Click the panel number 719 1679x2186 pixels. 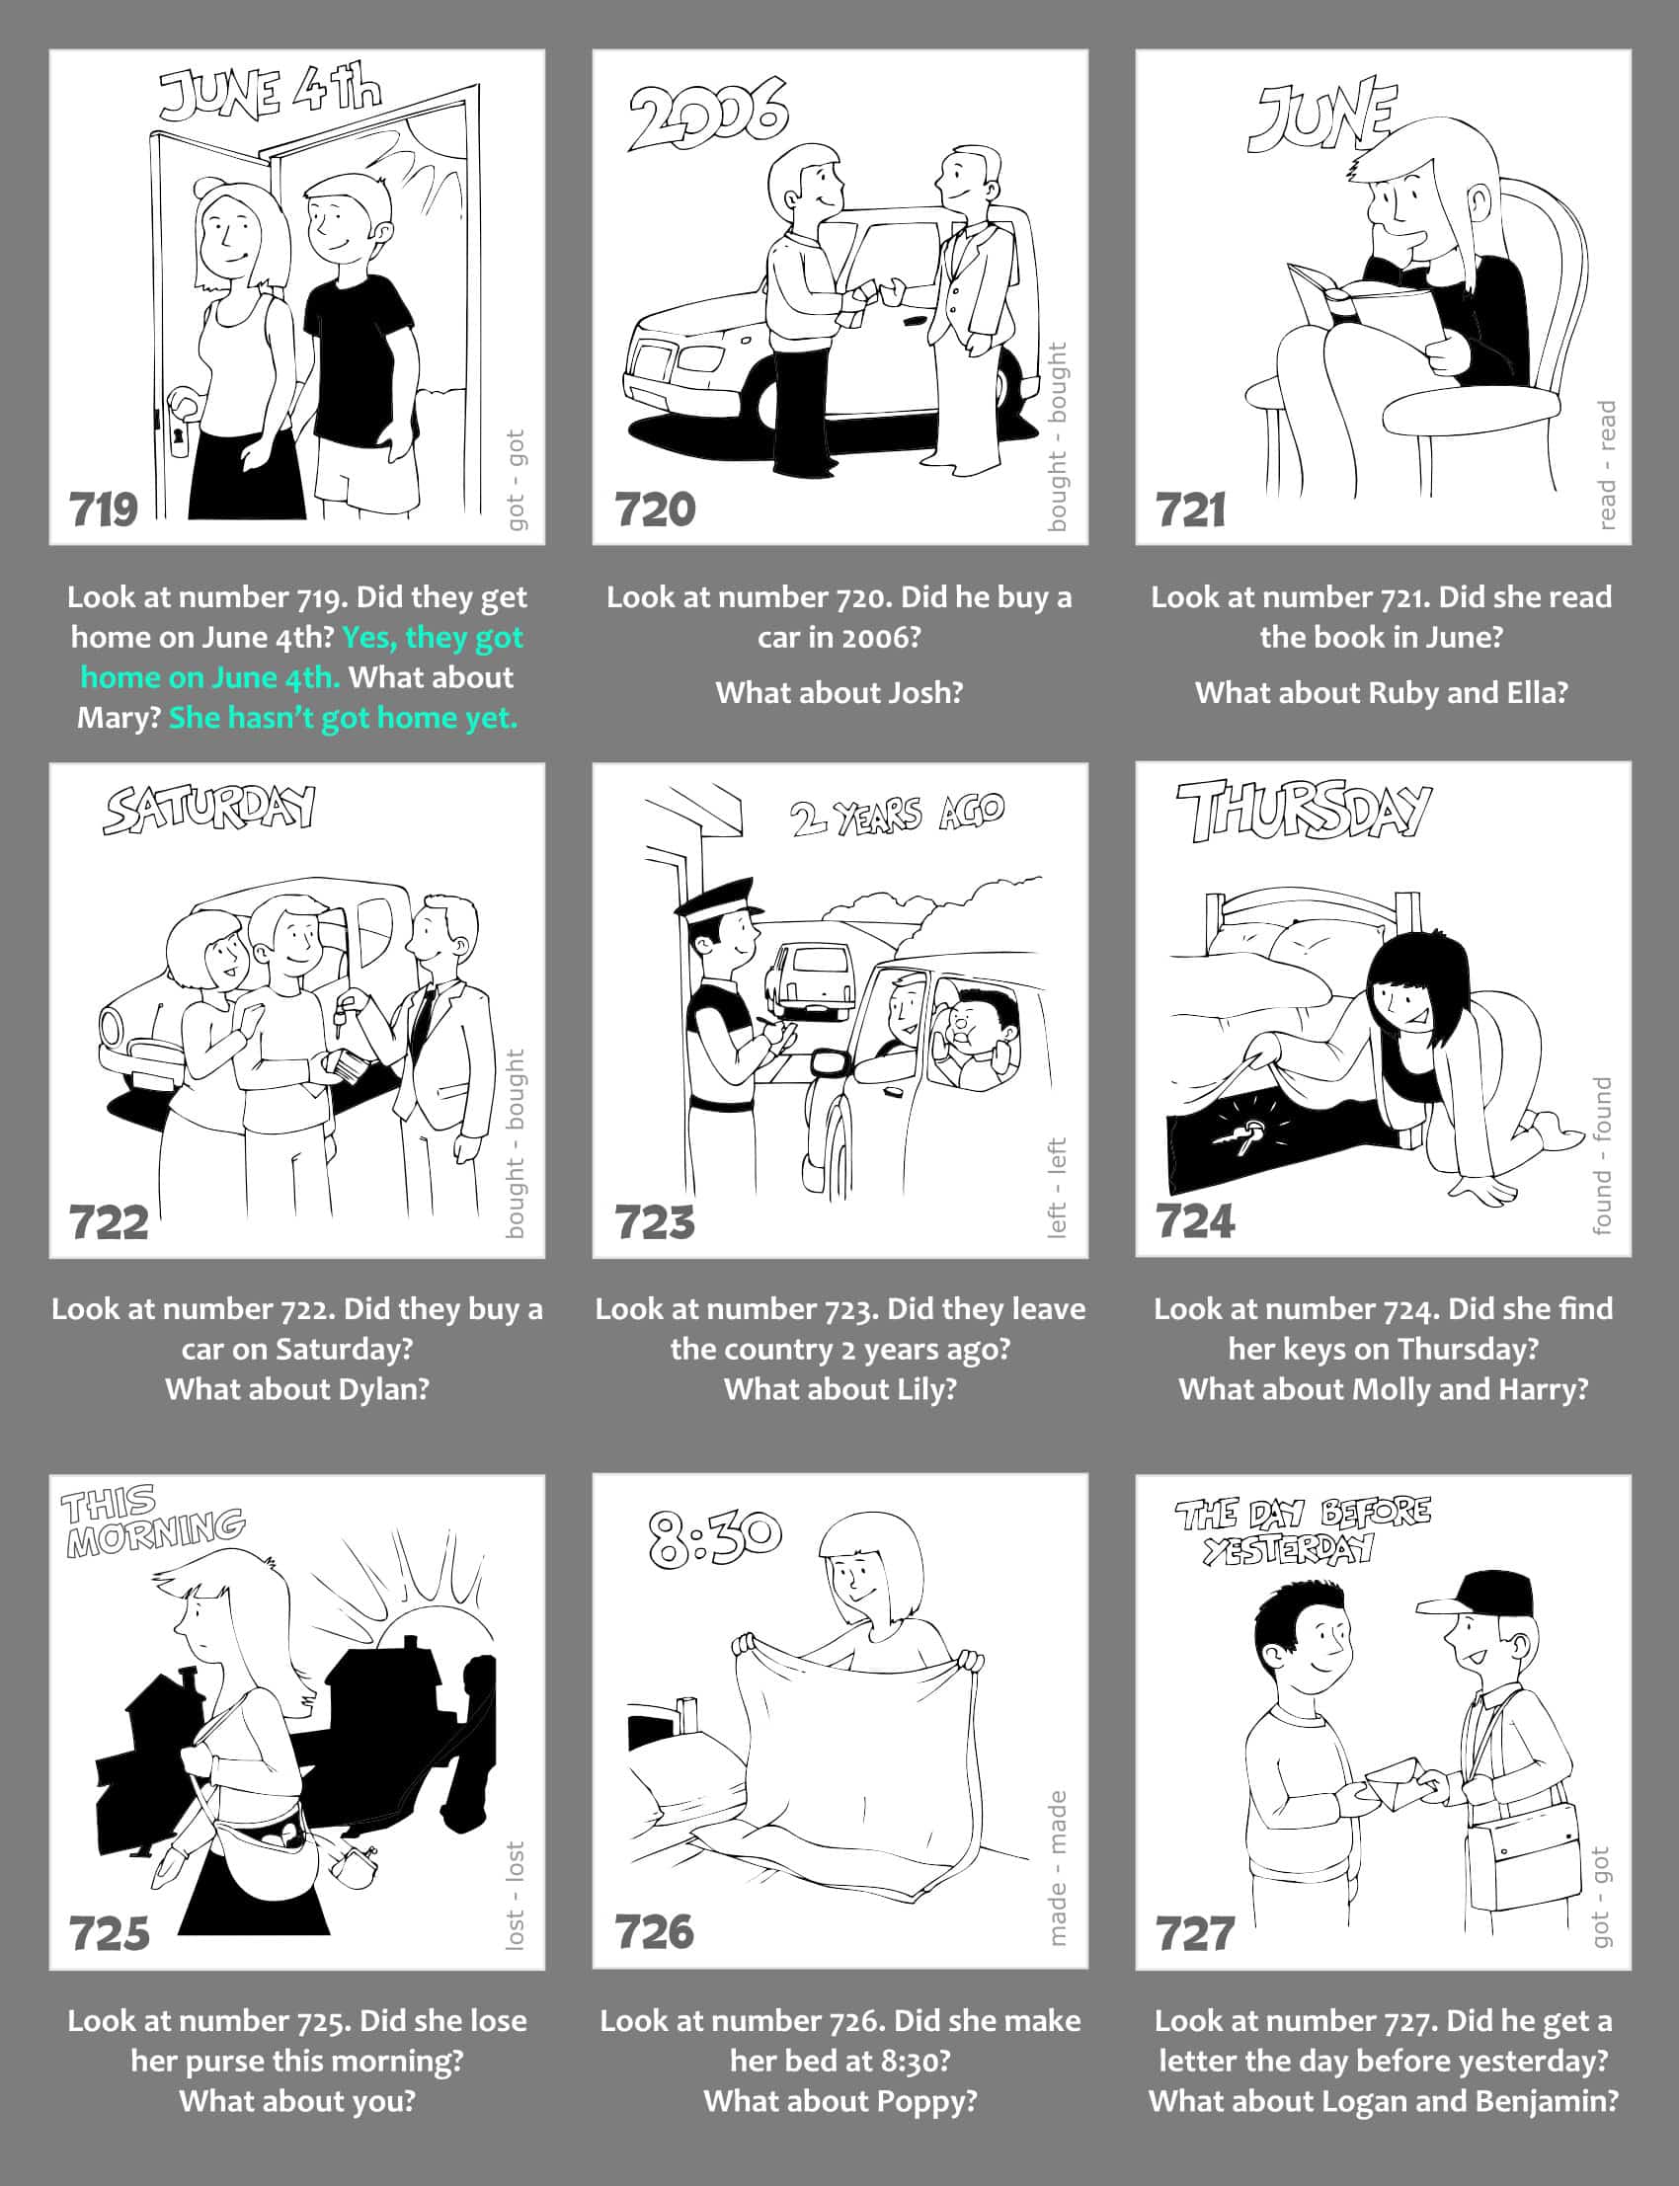(x=104, y=509)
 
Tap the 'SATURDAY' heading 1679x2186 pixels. (x=208, y=810)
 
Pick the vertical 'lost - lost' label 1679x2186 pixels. (x=515, y=1895)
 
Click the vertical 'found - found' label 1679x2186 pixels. (x=1602, y=1155)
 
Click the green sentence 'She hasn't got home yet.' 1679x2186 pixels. (x=343, y=718)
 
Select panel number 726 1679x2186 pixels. (x=655, y=1932)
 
